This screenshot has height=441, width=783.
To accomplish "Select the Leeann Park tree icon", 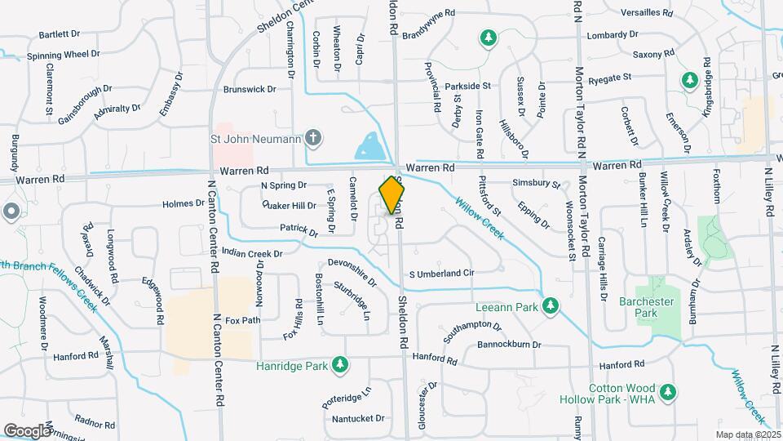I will [551, 306].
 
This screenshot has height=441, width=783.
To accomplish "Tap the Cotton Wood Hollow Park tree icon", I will [668, 393].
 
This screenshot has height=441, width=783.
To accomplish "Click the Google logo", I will [26, 430].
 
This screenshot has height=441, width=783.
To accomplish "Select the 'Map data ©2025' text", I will [747, 434].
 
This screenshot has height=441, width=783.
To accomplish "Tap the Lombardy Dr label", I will [612, 34].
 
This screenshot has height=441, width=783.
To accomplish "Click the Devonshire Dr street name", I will [352, 272].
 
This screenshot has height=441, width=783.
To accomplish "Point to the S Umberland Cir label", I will [440, 273].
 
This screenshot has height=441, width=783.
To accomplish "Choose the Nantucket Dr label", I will [358, 418].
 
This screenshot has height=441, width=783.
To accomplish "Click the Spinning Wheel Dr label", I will [63, 54].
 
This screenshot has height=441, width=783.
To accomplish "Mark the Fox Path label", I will [242, 320].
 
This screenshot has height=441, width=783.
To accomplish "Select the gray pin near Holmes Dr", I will [10, 212].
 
